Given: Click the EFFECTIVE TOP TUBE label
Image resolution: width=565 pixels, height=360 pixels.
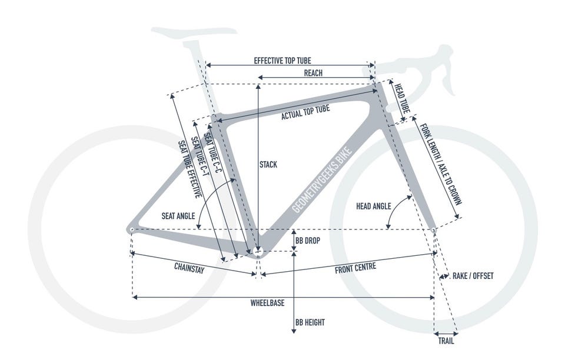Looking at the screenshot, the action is pos(282,61).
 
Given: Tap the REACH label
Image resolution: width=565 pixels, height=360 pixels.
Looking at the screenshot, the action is pos(313,73).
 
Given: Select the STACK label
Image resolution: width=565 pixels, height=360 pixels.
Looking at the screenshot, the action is pos(268,165).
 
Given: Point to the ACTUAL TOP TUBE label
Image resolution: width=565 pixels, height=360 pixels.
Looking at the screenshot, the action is pos(305,112).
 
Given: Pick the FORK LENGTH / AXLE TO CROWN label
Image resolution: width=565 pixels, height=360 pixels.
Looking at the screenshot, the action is pos(441,164).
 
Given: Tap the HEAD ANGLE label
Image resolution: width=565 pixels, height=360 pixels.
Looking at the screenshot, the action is pos(373,206).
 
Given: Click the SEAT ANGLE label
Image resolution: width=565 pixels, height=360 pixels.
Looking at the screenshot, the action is pos(178,216).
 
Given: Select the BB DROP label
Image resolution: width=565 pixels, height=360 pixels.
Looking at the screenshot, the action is pos(308,241).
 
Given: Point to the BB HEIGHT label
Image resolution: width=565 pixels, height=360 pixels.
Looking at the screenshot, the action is pos(310,322).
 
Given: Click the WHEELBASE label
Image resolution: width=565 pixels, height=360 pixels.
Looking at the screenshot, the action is pos(267,303).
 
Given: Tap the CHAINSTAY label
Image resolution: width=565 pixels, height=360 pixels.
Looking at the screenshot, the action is pos(189,268).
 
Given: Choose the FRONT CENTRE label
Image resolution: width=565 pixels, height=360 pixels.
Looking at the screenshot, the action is pos(355,268).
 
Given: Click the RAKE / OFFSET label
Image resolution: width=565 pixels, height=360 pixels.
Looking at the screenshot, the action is pos(473,276).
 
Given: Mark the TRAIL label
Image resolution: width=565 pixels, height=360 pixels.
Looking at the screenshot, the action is pos(446,341).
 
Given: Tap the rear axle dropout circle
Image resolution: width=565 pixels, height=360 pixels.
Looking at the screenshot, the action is pos(131,229).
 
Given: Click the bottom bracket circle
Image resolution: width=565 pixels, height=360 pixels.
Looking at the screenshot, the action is pos(258,251).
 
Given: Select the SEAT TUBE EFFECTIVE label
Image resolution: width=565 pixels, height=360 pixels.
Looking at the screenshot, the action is pos(190,169).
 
